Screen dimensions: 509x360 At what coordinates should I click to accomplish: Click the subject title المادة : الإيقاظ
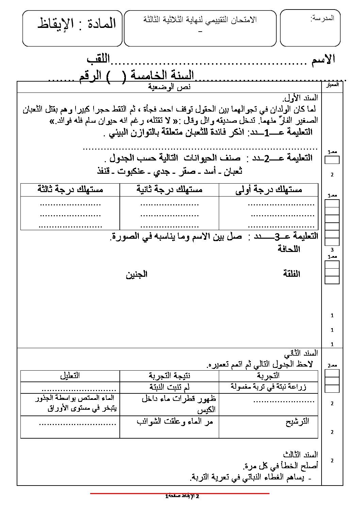tap(77, 23)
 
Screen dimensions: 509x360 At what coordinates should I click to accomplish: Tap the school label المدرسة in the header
tap(322, 18)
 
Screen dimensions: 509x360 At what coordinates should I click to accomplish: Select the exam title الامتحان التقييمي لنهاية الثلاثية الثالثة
tap(200, 20)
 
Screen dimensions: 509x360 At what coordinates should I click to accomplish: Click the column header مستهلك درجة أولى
tap(268, 190)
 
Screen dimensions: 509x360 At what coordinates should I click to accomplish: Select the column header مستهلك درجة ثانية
tap(169, 189)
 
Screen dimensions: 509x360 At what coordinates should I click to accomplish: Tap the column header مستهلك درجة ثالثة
tap(70, 189)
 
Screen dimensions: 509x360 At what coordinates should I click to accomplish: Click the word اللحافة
tap(289, 249)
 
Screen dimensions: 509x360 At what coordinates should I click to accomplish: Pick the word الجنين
tap(136, 274)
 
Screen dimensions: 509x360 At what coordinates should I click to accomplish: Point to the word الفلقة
tap(291, 274)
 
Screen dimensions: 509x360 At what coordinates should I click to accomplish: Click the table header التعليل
tap(70, 376)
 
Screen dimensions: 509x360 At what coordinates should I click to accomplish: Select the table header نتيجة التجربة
tap(169, 376)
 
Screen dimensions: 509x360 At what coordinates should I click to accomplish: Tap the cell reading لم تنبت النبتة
tap(169, 387)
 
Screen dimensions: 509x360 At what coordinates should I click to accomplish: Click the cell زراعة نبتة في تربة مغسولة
tap(268, 387)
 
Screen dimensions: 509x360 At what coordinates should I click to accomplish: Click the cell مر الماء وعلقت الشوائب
tap(175, 422)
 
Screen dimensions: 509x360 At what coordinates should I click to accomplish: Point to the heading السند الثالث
tap(300, 455)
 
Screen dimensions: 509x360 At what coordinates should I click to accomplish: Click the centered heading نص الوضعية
tap(169, 87)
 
